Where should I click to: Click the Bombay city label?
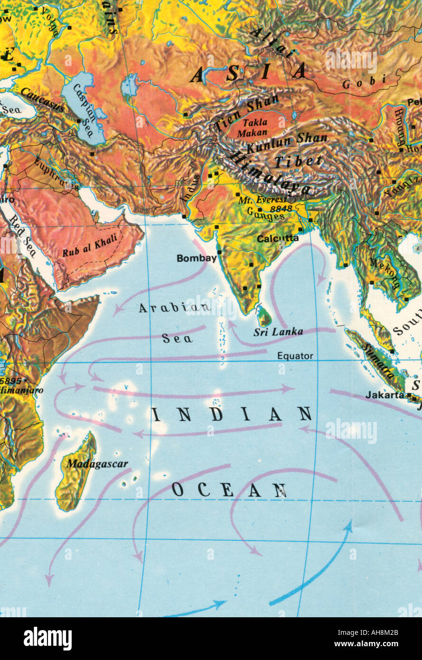[x=197, y=258]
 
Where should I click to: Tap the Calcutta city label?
[x=278, y=239]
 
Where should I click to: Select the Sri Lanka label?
[x=278, y=332]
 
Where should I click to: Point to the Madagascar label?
[x=97, y=464]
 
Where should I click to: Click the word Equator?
[x=295, y=356]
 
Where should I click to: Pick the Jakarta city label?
[x=384, y=395]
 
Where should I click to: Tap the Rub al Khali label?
[x=89, y=248]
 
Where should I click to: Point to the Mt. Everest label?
[x=262, y=199]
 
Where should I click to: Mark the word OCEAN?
[x=229, y=490]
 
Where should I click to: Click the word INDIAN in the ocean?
[x=232, y=415]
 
